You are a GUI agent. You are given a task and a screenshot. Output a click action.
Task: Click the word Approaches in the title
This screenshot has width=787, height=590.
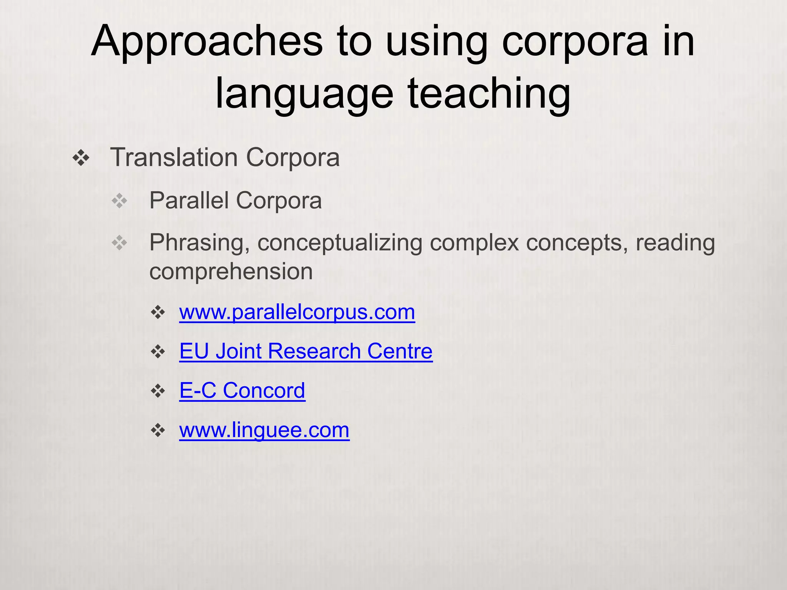207,41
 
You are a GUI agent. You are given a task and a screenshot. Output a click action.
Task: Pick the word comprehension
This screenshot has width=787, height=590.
231,272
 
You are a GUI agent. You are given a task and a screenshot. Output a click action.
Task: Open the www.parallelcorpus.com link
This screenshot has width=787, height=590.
297,312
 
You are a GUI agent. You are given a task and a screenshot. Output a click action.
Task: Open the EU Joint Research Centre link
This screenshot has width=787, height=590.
306,351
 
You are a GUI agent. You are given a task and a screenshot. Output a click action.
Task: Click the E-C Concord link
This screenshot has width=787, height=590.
242,390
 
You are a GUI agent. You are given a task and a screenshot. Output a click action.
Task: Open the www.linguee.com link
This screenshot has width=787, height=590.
264,430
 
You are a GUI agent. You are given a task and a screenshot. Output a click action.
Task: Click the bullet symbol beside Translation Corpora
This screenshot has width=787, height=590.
81,158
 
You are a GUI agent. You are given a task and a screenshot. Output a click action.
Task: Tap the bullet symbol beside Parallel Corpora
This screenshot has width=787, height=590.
120,201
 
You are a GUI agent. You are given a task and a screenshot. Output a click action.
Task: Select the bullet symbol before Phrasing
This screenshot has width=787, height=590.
120,243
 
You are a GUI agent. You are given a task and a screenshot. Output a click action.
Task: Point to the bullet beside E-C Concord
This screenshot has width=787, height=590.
158,391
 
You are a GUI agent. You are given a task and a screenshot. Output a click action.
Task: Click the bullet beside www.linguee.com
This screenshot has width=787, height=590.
158,430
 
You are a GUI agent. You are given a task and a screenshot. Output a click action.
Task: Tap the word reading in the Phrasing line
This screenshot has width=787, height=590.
675,243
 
